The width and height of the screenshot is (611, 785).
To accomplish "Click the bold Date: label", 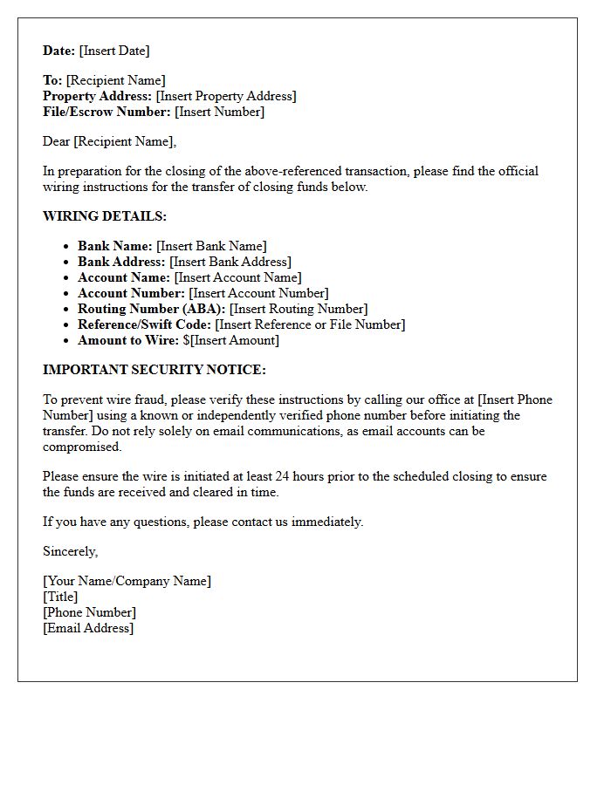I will tap(59, 51).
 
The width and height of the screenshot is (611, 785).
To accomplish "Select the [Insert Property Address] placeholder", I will tap(226, 96).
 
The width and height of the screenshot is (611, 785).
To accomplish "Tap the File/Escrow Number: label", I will tap(106, 112).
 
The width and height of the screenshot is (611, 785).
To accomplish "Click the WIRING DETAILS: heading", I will tap(104, 216).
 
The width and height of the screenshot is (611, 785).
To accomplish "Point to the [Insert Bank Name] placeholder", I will tap(211, 246).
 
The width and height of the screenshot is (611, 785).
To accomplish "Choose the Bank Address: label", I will tap(121, 262).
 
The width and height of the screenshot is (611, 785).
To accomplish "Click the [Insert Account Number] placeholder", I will tap(258, 293).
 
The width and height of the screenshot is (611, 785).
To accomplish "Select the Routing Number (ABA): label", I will tap(151, 309).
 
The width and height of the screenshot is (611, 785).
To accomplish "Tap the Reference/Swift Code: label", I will tap(144, 324).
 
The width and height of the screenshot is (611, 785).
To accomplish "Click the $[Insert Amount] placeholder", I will tap(230, 340).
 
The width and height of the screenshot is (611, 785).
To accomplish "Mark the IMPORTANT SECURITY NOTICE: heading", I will tap(154, 370).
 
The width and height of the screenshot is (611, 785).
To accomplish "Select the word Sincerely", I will tap(70, 551).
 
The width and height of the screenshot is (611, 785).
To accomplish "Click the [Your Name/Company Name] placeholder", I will tap(127, 581).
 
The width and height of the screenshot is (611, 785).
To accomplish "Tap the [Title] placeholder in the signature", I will tap(60, 597).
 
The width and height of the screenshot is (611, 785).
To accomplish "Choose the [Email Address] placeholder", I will tap(88, 628).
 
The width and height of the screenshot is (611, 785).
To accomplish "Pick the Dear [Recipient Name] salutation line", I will tap(109, 141).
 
